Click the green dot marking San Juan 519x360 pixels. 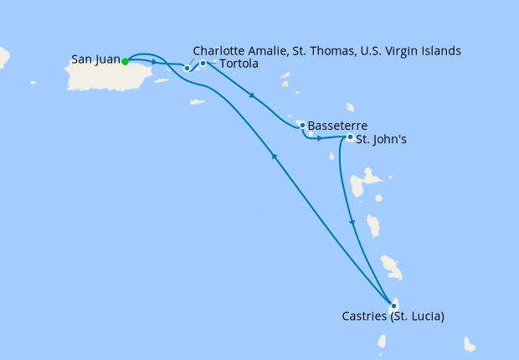point(125,61)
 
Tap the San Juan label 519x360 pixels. point(95,60)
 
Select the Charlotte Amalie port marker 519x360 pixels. point(188,68)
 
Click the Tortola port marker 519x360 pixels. point(203,63)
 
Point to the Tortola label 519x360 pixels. point(238,64)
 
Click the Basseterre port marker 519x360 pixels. point(301,126)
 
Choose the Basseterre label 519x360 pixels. point(337,126)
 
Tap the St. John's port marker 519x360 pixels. point(349,137)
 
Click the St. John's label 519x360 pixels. point(381,139)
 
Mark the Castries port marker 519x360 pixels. point(393,306)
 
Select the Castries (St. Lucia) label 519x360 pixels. point(393,316)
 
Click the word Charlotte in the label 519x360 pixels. point(218,51)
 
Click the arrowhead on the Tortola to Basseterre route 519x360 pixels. point(252,95)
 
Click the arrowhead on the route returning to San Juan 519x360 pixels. point(274,154)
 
